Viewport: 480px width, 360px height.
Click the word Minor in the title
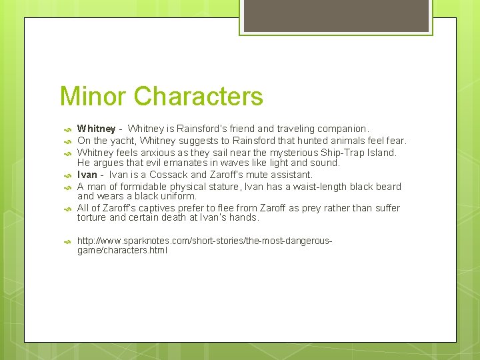point(93,97)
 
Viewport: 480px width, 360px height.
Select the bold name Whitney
point(96,129)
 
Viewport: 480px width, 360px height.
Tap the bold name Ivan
point(87,175)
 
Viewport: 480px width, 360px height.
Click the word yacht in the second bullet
point(120,141)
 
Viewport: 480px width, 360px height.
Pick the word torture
point(92,217)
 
